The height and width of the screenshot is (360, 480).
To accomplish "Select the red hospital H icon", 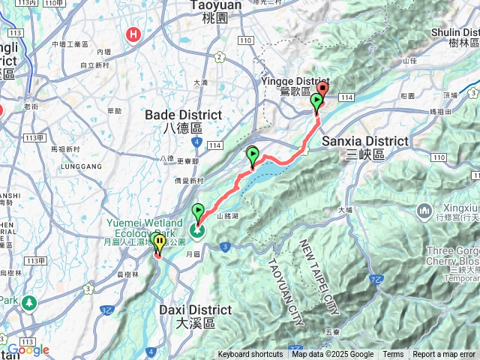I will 134,34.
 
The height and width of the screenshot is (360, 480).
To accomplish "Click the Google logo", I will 28,349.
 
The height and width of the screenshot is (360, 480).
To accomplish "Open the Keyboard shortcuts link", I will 250,355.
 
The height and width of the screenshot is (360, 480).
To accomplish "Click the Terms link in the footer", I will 393,355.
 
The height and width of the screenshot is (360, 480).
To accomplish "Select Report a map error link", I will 445,355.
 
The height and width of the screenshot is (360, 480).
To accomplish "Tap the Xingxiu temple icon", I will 423,208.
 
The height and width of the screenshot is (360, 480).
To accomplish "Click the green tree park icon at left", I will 29,303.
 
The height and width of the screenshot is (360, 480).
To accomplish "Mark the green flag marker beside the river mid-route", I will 253,155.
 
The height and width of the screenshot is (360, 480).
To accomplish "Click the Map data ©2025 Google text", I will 333,355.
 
